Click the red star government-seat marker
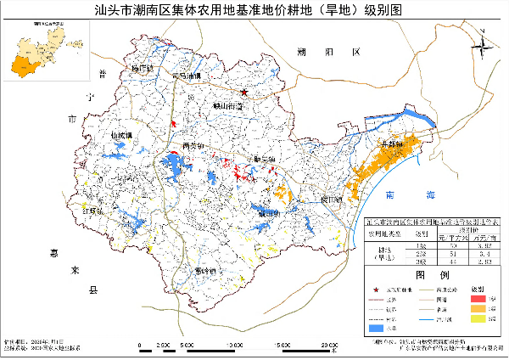[x=243, y=92]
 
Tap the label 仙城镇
[x=121, y=135]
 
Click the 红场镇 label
[x=92, y=210]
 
